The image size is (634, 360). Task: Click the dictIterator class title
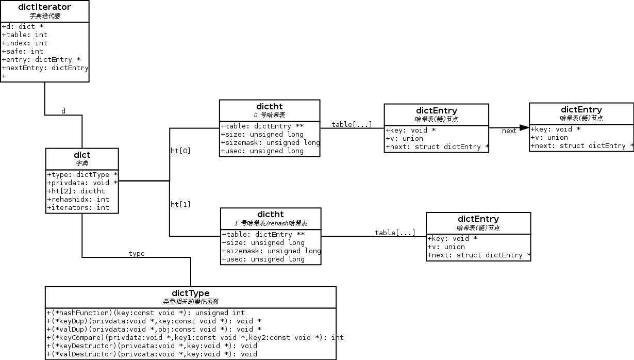coord(44,7)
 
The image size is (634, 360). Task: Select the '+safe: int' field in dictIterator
coord(23,51)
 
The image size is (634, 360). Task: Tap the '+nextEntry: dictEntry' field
coord(45,68)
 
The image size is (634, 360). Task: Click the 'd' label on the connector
coord(63,111)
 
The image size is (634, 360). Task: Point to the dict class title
coord(82,155)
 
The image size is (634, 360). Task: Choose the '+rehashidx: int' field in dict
coord(78,199)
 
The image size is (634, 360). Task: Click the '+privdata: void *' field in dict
coord(82,183)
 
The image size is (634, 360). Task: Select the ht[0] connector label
coord(180,151)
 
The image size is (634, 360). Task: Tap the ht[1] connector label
coord(180,204)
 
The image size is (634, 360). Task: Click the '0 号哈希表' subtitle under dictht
coord(269,114)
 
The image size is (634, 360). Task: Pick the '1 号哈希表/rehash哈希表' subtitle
coord(271,223)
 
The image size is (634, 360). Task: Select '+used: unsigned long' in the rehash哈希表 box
coord(263,259)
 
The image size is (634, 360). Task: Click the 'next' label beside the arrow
coord(509,131)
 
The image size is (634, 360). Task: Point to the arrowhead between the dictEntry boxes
coord(524,127)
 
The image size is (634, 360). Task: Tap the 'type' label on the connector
coord(137,253)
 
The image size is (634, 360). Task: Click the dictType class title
coord(190,293)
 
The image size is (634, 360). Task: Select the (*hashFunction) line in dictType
coord(145,313)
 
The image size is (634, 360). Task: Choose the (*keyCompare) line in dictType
coord(195,337)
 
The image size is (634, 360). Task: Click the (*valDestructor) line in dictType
coord(152,354)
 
